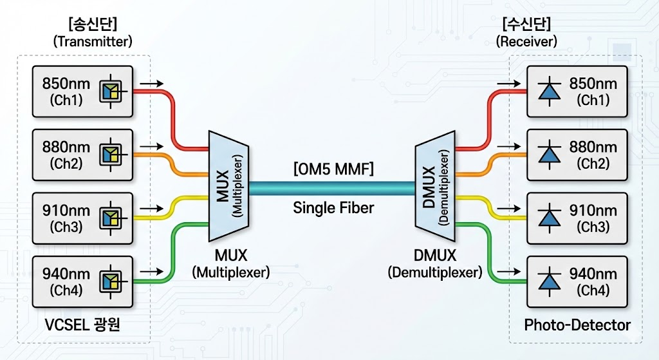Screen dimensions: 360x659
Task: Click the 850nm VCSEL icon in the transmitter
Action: click(x=109, y=91)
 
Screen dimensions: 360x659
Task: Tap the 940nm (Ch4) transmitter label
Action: click(x=66, y=282)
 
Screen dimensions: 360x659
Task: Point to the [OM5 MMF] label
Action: click(x=333, y=169)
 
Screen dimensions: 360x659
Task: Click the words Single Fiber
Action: click(x=333, y=207)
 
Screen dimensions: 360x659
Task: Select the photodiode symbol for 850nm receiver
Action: click(x=549, y=91)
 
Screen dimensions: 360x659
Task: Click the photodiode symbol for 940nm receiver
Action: click(x=549, y=282)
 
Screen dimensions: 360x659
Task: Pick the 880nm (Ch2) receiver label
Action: click(x=593, y=155)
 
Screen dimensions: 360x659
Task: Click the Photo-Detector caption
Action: click(x=577, y=325)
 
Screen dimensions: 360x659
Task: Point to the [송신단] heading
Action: click(x=92, y=24)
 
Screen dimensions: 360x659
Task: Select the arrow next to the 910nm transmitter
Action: click(x=152, y=209)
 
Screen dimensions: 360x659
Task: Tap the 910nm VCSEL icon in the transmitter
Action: click(x=109, y=218)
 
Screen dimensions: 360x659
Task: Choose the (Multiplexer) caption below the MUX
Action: click(x=230, y=272)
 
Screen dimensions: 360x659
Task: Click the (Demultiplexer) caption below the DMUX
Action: click(x=434, y=272)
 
